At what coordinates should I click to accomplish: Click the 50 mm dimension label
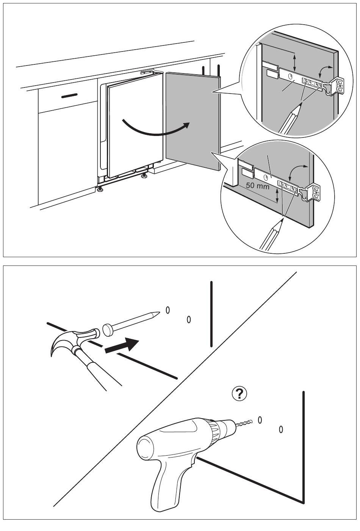click(x=258, y=186)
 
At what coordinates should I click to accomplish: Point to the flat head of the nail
click(x=108, y=330)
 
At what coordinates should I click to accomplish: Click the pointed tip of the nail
click(x=158, y=313)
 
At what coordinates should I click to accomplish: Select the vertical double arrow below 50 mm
click(x=277, y=196)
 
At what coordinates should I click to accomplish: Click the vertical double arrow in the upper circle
click(x=295, y=60)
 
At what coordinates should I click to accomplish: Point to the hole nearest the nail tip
click(x=167, y=310)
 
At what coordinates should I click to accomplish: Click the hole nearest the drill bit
click(x=260, y=419)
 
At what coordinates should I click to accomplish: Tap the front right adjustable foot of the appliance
click(x=144, y=176)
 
